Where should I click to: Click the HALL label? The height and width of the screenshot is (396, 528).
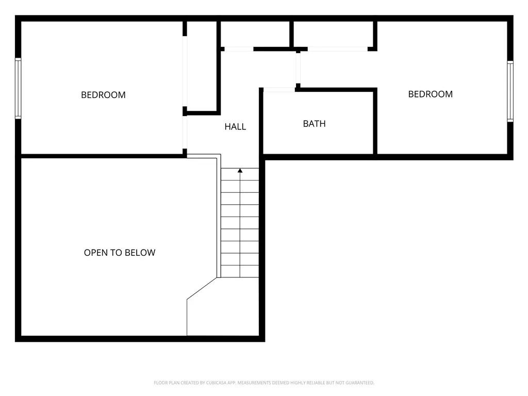pos(235,126)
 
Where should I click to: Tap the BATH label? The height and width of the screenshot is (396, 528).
pos(314,124)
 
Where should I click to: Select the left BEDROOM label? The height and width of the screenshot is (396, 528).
pos(103,95)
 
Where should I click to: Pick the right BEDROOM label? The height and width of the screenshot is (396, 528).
pos(430,94)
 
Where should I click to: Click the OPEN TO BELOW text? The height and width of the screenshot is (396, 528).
pos(120,253)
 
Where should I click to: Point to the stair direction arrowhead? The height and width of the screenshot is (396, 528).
pos(240,170)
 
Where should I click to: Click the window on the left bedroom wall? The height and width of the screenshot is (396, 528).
pos(18,88)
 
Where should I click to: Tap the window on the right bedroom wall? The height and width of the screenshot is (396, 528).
pos(510,91)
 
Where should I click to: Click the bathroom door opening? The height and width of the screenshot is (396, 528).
pos(279,90)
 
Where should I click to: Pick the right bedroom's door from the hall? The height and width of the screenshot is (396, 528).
pos(298,68)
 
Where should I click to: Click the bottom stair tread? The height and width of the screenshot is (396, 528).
pos(240,271)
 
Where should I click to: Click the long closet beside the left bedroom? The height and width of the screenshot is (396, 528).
pos(202,66)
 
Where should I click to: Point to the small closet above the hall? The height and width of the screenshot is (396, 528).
pos(255,34)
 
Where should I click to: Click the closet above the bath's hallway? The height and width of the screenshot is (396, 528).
pos(333,34)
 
